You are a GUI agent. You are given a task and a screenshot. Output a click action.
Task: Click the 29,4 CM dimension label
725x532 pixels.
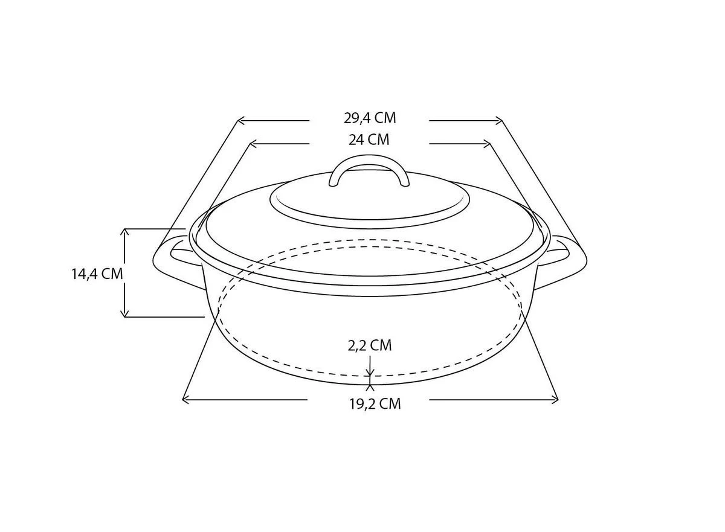pos(369,118)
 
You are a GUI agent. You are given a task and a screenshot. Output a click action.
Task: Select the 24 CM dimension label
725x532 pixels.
pos(369,140)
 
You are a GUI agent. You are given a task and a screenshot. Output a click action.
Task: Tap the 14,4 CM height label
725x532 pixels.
pos(97,274)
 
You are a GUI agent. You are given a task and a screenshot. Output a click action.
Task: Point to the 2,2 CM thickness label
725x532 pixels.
pos(369,345)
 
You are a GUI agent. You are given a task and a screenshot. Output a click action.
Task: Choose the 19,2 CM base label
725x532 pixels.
pos(375,404)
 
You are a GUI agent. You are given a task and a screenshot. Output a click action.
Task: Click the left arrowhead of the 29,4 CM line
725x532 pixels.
pos(240,121)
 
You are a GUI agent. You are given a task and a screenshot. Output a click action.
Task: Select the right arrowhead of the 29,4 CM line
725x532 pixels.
pos(499,121)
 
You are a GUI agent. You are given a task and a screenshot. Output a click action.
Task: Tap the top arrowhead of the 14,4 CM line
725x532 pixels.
pos(125,232)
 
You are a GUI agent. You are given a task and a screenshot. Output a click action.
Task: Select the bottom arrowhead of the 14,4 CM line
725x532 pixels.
pos(125,313)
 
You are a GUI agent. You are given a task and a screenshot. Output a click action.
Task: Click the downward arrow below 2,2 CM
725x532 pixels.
pos(370,371)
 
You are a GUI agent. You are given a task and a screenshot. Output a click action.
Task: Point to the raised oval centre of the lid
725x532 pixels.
pos(370,199)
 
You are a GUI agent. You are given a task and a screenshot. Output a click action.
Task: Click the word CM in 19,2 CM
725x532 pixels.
pos(388,404)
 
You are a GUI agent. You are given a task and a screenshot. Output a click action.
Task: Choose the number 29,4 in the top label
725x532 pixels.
pos(357,118)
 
